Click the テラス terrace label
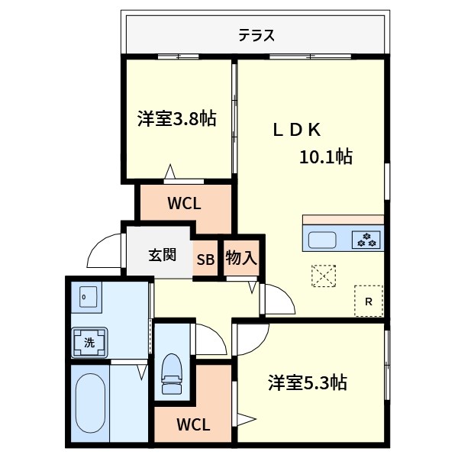[256, 35]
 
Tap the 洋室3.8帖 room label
[176, 118]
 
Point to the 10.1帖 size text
[325, 157]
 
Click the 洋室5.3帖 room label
[308, 382]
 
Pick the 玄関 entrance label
[163, 254]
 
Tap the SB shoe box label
[206, 259]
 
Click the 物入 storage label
[241, 258]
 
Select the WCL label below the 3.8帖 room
[184, 204]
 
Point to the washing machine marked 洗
[89, 343]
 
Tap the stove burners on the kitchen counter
[366, 239]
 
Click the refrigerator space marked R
[369, 301]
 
